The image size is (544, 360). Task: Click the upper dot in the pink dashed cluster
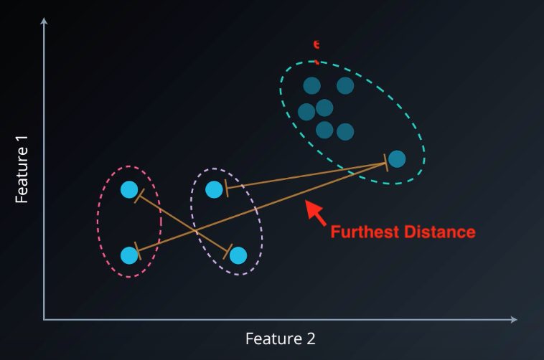coord(129,189)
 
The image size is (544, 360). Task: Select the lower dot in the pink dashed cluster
coord(129,255)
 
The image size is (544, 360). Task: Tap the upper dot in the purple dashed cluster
coord(214,189)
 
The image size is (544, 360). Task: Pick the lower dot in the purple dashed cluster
coord(238,255)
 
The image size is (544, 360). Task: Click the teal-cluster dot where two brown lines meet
coord(396,158)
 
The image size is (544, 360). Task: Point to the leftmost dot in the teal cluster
coord(306,112)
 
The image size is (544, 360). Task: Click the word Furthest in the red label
coord(362,232)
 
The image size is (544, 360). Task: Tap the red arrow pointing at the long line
coord(314,212)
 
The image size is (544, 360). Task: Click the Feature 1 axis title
coord(22,175)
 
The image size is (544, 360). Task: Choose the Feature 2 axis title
coord(280,338)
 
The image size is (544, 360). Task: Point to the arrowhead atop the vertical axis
coord(44,22)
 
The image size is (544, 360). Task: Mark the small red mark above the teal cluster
coord(316,45)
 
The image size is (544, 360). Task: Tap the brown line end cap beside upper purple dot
coord(226,187)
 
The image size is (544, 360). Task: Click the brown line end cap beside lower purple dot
coord(228,252)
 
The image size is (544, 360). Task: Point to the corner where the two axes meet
coord(44,318)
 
